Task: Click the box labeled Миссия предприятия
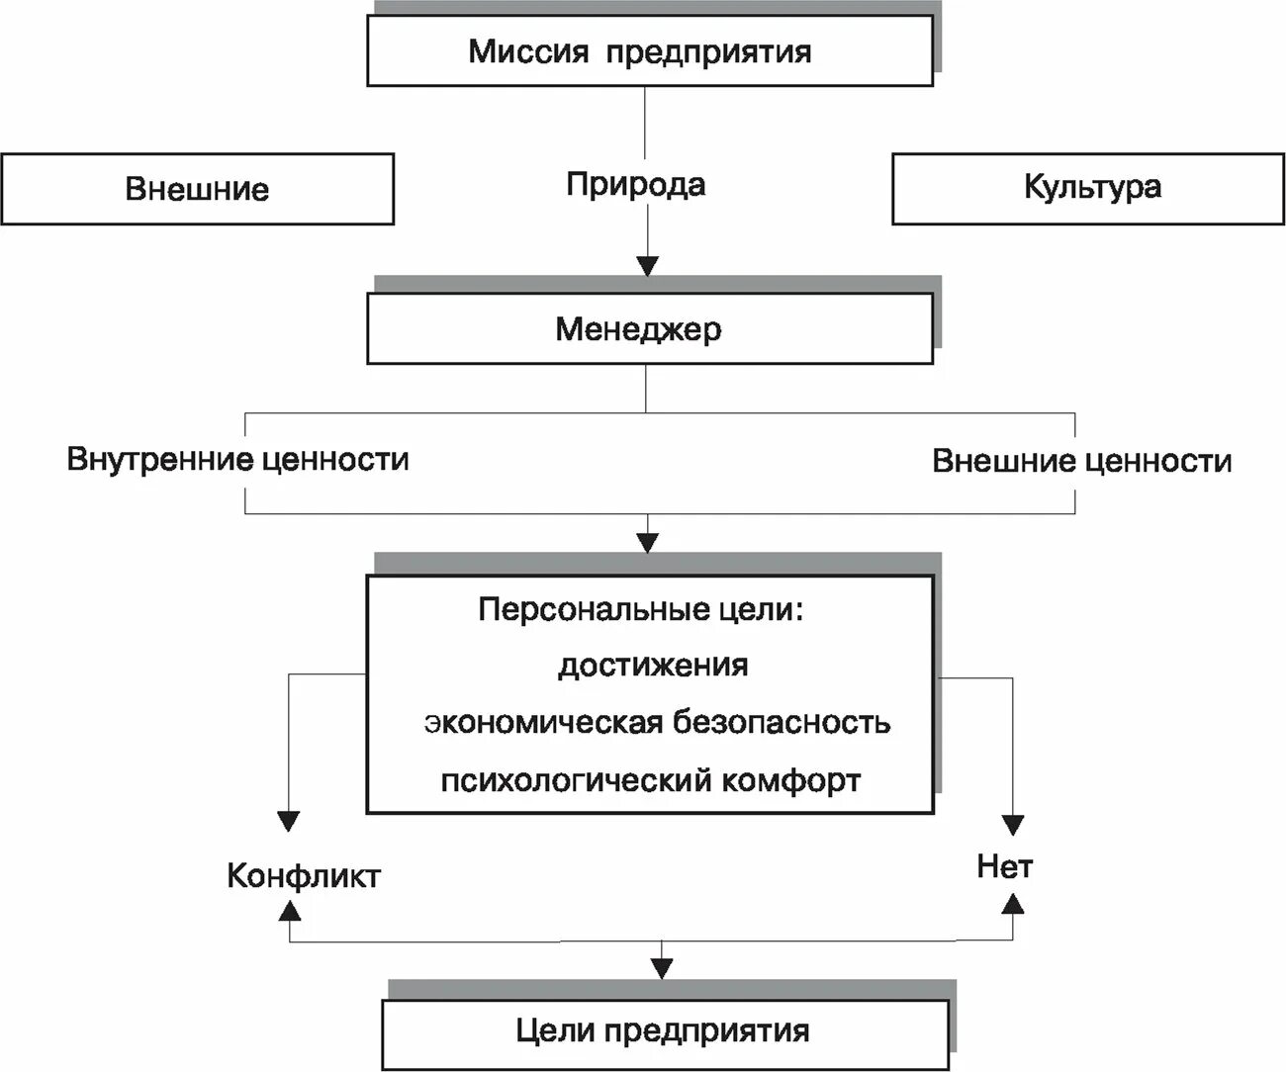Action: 649,51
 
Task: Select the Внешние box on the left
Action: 197,189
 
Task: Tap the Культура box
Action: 1088,188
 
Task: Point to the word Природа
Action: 636,185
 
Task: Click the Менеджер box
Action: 649,328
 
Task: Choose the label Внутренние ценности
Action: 237,460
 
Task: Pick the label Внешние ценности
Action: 1082,461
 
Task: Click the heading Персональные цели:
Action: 642,609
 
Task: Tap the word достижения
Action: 653,665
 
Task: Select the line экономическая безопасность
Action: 658,722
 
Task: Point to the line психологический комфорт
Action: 651,780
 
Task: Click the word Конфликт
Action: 304,876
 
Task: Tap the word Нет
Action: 1005,867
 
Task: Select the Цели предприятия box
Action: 663,1031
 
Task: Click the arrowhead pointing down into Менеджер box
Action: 647,265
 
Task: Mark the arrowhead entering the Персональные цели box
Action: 647,542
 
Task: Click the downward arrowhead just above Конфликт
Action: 288,821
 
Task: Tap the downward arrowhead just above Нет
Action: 1013,825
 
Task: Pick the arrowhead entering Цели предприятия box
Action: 662,968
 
